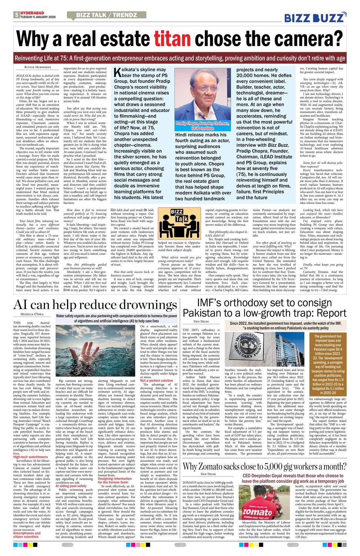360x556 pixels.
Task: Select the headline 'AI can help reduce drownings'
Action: (95, 304)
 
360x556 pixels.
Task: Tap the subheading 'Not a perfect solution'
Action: (157, 381)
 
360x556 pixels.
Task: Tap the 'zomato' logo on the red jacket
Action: (257, 512)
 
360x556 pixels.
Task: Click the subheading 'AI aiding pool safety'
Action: (71, 486)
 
